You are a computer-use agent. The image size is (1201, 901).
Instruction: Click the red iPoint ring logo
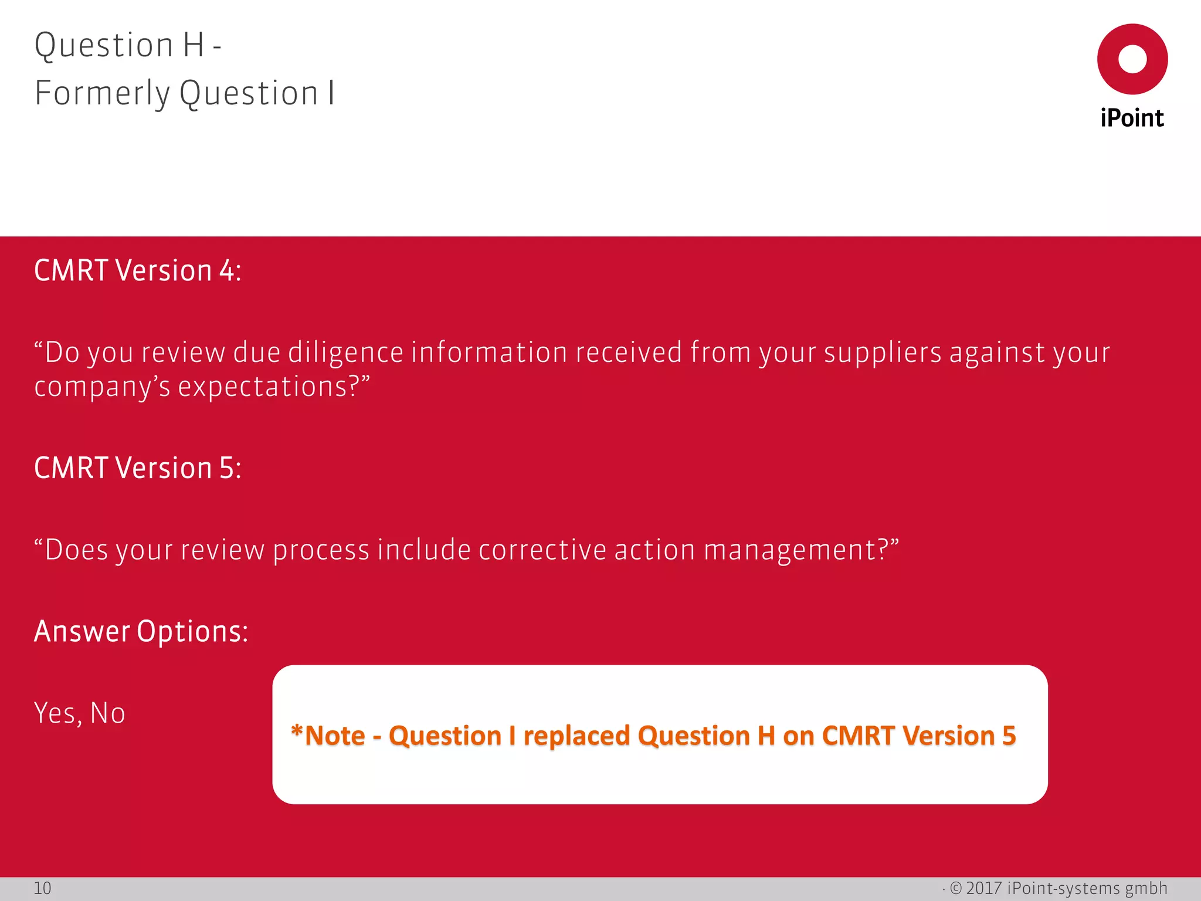1132,59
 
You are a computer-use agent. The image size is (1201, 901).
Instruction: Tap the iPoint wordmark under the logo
1132,118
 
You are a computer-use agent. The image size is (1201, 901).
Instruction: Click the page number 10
42,889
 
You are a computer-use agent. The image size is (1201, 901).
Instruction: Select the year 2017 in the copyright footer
983,888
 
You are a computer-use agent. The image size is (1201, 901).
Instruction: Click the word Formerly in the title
102,94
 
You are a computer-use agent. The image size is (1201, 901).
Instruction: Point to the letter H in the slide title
193,46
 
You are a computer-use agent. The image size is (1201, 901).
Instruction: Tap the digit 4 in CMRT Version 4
227,271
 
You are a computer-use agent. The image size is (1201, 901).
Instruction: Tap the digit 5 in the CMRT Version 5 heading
227,469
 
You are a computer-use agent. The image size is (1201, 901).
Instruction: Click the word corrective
542,550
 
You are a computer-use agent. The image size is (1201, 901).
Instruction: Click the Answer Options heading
141,632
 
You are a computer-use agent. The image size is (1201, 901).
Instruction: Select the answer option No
108,713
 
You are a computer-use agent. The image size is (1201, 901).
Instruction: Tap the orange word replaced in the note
576,736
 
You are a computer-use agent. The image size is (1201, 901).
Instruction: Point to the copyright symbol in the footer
956,888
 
